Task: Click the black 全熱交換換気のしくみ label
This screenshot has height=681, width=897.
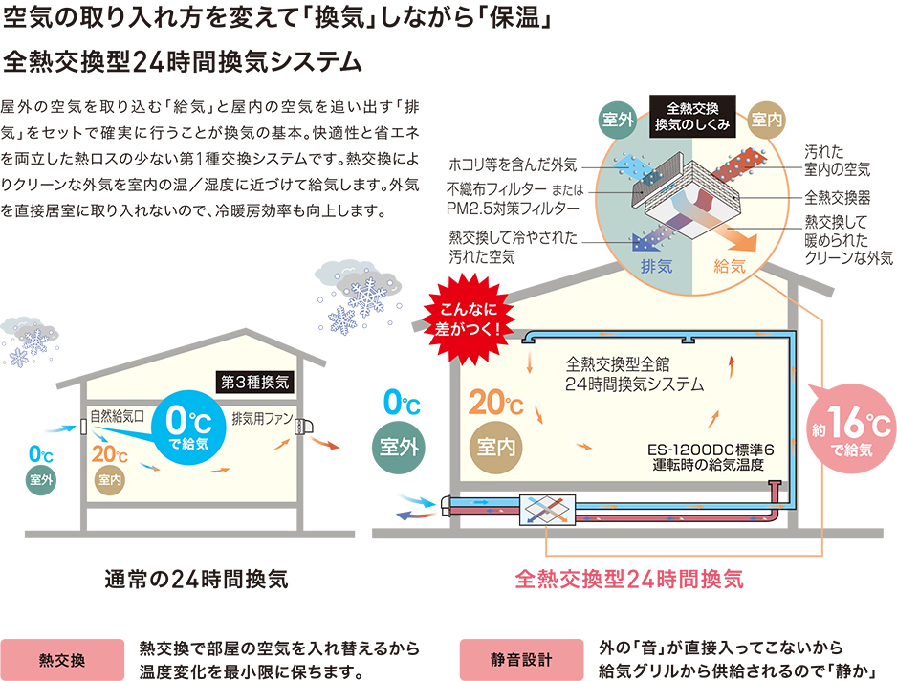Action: [691, 116]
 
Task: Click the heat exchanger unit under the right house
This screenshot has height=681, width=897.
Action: [546, 511]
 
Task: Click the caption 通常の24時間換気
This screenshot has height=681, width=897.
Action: [196, 579]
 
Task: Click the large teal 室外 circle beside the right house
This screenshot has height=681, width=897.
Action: [403, 447]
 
